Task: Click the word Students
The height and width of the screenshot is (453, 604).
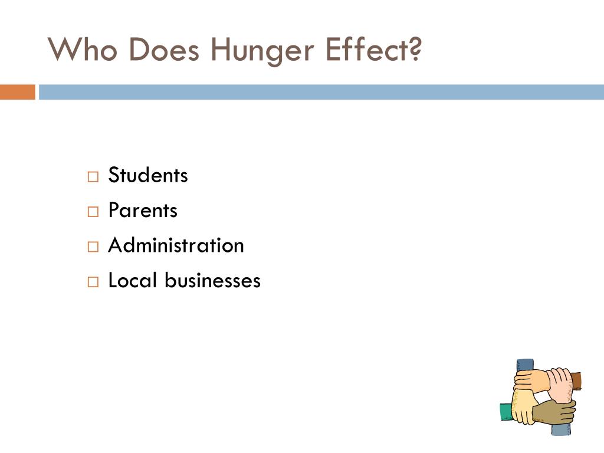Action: click(148, 175)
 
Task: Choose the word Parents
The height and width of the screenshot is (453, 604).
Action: click(143, 211)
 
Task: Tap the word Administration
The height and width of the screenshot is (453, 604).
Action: click(176, 245)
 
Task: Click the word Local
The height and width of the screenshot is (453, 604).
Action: click(133, 280)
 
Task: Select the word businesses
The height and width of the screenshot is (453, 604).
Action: click(212, 280)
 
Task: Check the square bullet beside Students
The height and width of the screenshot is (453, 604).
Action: click(93, 177)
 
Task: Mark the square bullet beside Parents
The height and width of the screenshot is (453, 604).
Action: click(93, 212)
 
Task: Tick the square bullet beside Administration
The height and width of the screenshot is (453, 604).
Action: click(93, 247)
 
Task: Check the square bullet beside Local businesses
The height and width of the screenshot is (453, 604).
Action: click(93, 282)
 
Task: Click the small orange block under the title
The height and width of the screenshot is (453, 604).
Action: click(17, 92)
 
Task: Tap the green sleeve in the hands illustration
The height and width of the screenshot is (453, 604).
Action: click(505, 412)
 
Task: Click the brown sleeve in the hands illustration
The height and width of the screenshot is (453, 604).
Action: click(576, 380)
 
